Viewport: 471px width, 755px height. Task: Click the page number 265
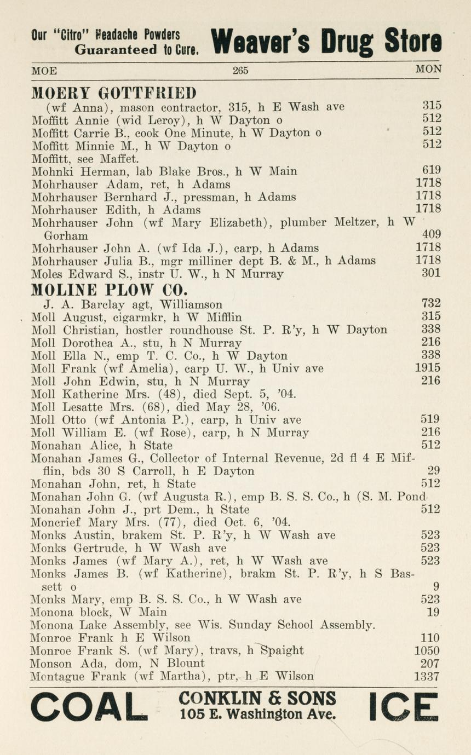point(240,70)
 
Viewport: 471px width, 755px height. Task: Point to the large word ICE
point(404,707)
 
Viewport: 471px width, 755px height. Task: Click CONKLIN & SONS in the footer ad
point(257,699)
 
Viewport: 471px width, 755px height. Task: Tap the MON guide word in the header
point(428,70)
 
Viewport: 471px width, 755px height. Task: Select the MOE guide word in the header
point(44,71)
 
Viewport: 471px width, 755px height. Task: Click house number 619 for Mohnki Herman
point(431,171)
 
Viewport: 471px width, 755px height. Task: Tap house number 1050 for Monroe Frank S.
point(427,650)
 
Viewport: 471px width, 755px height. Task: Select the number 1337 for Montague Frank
point(427,677)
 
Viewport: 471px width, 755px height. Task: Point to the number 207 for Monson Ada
point(430,664)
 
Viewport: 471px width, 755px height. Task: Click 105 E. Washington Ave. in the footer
point(257,714)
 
